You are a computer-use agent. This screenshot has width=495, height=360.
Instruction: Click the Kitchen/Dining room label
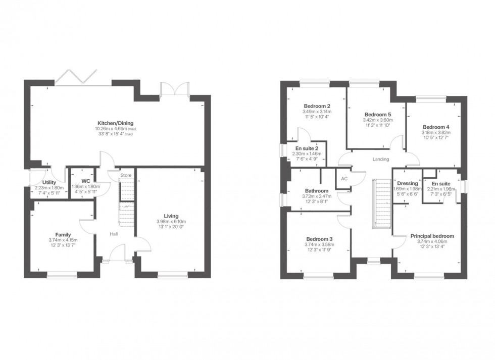coord(116,123)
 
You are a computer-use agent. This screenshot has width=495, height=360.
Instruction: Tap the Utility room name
coord(49,182)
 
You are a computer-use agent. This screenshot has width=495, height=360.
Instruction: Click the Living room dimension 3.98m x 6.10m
coord(171,222)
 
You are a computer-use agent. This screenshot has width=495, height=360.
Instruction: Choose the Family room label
coord(63,234)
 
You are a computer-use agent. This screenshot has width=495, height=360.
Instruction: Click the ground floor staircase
coord(126,202)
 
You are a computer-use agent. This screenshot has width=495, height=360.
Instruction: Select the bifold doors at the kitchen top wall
coord(76,78)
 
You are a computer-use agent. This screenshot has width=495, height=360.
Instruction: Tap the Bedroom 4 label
coord(435,127)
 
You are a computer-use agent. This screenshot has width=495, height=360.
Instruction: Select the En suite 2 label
coord(307,148)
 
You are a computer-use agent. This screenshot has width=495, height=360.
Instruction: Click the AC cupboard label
coord(345,179)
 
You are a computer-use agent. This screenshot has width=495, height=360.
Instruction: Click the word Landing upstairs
coord(380,159)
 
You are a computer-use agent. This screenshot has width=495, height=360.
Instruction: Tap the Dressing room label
coord(408,183)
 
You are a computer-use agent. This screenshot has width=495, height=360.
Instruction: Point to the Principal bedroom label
coord(432,236)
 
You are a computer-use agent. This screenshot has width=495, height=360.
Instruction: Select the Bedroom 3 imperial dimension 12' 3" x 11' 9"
coord(320,250)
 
